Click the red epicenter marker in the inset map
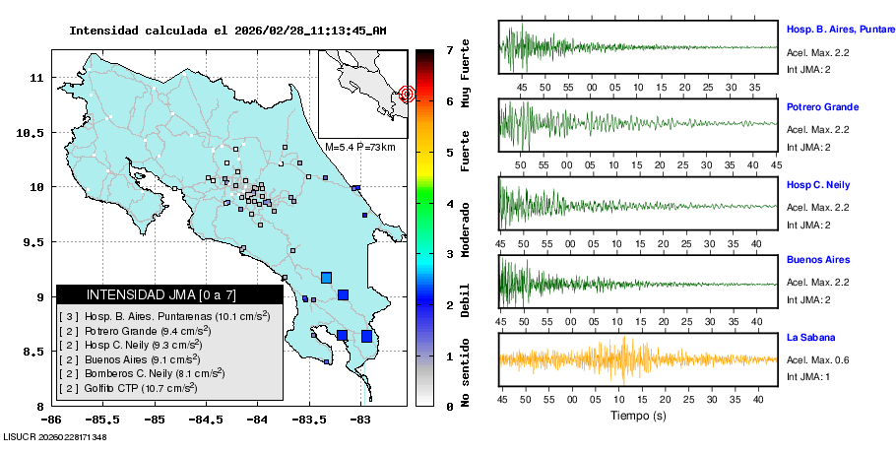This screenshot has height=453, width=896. [x=407, y=95]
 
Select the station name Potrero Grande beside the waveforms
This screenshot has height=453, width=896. [x=822, y=107]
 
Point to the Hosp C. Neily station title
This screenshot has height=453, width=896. [x=818, y=185]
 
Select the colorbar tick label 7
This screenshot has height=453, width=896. [x=449, y=49]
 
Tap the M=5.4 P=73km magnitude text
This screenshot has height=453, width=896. [x=359, y=148]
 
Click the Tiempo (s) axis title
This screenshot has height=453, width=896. [x=638, y=417]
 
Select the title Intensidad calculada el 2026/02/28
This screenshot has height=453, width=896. [x=227, y=31]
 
